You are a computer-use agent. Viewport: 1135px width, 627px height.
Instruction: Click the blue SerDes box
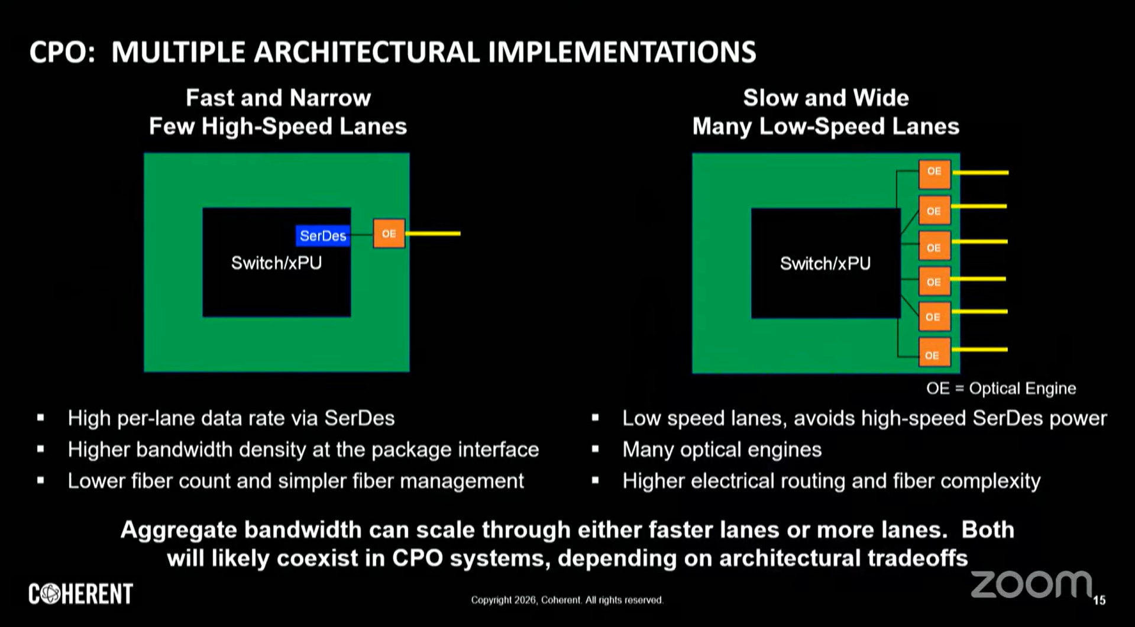(322, 236)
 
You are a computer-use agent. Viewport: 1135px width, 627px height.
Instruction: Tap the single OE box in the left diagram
(389, 234)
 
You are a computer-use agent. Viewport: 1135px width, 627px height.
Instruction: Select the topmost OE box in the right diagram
(934, 173)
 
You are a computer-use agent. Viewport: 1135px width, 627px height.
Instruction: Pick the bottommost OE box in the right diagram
(933, 354)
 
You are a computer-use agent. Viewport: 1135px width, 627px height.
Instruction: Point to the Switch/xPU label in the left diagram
(276, 263)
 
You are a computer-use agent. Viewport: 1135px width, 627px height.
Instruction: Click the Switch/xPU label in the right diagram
(825, 263)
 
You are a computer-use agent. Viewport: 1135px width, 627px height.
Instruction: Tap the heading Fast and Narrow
(278, 98)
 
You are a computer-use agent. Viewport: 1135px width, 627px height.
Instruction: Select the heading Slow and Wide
(826, 98)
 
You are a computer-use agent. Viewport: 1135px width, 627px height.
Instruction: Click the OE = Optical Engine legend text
(1001, 389)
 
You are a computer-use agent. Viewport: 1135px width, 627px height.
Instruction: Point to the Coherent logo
(81, 594)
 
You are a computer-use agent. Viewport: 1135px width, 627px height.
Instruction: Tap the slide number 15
(1099, 600)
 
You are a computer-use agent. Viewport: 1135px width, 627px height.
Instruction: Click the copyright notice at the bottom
(567, 600)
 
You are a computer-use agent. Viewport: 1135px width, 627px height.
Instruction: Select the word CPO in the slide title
(62, 52)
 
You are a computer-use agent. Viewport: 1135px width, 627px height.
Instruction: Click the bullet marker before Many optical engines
(595, 450)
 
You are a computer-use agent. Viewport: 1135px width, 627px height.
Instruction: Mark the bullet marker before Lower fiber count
(40, 481)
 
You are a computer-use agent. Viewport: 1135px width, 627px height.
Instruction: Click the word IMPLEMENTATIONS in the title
(622, 52)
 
